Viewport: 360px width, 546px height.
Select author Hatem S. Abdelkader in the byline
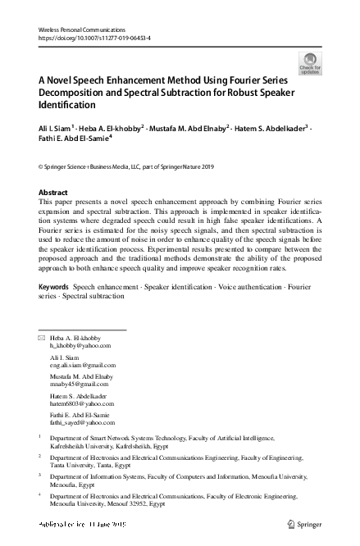click(x=271, y=129)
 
